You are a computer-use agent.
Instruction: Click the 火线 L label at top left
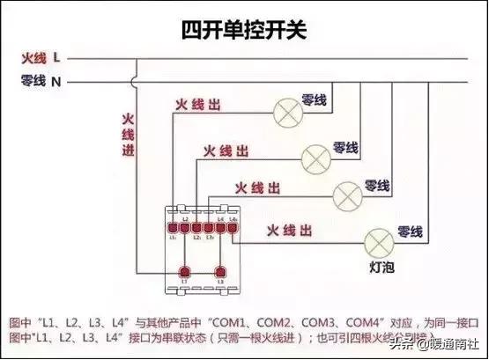[x=41, y=58]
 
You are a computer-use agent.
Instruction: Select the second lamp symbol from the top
[x=315, y=157]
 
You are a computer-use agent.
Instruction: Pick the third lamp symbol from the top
[x=349, y=192]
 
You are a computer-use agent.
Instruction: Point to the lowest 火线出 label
[x=289, y=230]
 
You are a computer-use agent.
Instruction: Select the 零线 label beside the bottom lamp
[x=411, y=232]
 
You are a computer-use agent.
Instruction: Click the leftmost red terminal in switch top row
[x=173, y=226]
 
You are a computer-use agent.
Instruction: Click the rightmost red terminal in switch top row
[x=233, y=226]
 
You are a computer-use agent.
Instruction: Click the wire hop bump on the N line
[x=134, y=83]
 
